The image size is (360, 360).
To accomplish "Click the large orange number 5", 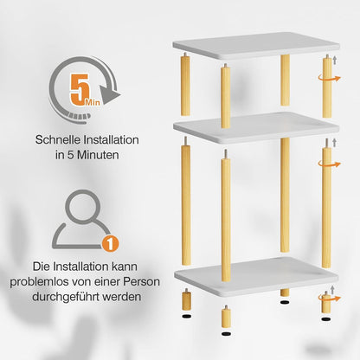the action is point(80,89).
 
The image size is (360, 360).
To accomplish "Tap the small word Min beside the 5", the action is point(93,102).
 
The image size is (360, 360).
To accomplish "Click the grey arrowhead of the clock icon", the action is point(110,94).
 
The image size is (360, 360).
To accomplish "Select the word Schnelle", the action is point(58,140).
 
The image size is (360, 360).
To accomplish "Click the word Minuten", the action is point(98,155).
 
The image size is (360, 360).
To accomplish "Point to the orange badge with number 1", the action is point(110,243).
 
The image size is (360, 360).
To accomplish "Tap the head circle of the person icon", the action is point(83,207).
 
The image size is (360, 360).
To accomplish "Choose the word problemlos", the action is point(39,282).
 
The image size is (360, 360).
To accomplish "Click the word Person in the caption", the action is point(141,281).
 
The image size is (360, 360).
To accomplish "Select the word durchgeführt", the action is point(66,297).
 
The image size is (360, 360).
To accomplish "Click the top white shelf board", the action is point(256,46).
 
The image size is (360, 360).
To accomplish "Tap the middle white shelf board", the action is point(256,127).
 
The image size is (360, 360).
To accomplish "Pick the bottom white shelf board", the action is point(256,276).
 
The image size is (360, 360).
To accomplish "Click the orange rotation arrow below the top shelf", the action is point(329,78).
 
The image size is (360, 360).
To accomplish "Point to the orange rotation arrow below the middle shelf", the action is point(329,164).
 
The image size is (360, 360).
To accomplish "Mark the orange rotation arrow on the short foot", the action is point(329,298).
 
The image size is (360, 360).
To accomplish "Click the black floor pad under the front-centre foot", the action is point(226,334).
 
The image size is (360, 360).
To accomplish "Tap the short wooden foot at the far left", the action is point(186,299).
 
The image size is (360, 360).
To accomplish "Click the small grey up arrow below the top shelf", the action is point(335,61).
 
